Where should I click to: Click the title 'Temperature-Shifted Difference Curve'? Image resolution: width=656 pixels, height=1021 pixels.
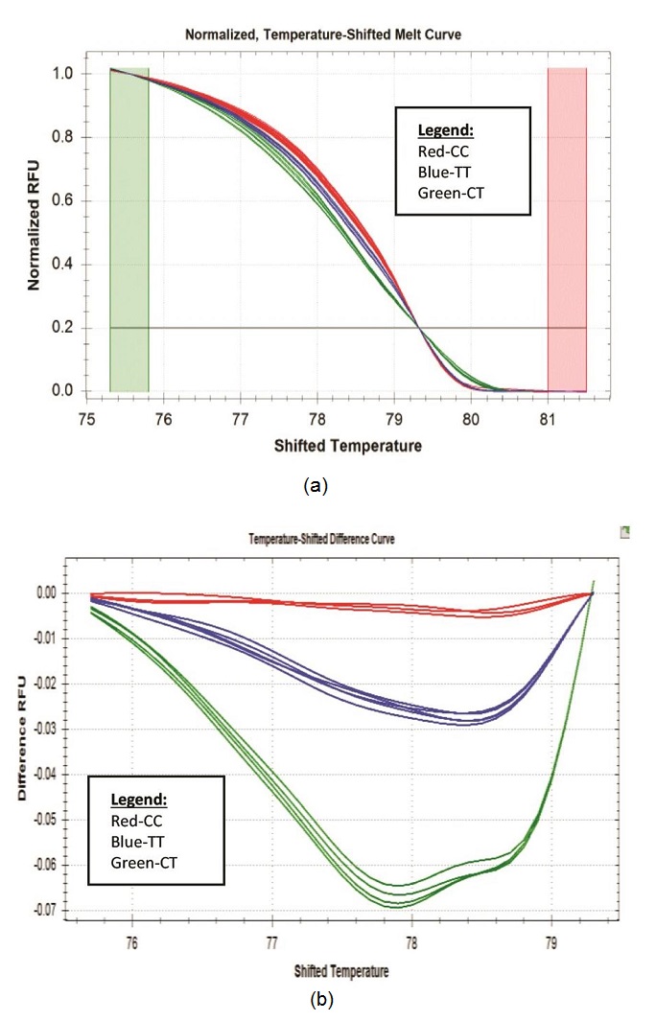click(321, 540)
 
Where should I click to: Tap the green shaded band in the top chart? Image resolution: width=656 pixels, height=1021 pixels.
click(129, 230)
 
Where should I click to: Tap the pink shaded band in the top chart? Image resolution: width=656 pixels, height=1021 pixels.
click(567, 230)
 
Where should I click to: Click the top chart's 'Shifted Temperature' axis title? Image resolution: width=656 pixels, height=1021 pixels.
click(361, 446)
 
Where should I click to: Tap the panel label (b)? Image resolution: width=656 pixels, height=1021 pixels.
click(321, 1001)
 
